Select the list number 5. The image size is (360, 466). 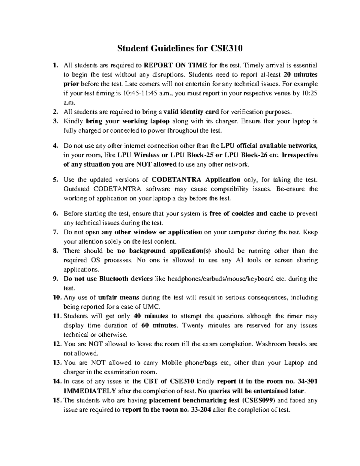pyautogui.click(x=55, y=180)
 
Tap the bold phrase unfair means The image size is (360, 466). pyautogui.click(x=118, y=297)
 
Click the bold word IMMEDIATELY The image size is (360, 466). pyautogui.click(x=90, y=391)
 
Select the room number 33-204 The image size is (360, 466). pyautogui.click(x=200, y=410)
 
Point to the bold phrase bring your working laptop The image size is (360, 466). pyautogui.click(x=128, y=122)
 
